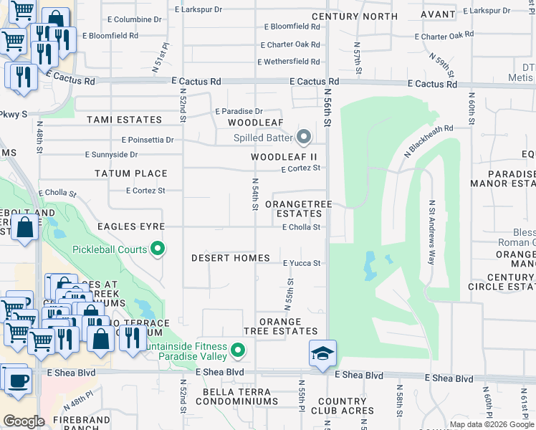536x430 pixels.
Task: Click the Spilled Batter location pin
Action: point(304,136)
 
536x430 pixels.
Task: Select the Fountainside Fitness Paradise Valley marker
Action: point(238,350)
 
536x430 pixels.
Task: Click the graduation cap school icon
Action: point(322,352)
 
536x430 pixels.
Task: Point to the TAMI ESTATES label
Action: point(124,120)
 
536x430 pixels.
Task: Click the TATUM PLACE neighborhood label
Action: point(131,173)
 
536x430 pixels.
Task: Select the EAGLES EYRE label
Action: point(132,226)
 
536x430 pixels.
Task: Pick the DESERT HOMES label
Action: point(231,258)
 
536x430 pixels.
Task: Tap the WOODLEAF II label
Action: point(284,156)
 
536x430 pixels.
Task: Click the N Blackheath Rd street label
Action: point(429,141)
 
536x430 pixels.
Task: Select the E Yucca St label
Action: point(301,263)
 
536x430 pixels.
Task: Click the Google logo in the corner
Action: point(24,421)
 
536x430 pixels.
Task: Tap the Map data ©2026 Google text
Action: point(492,424)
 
